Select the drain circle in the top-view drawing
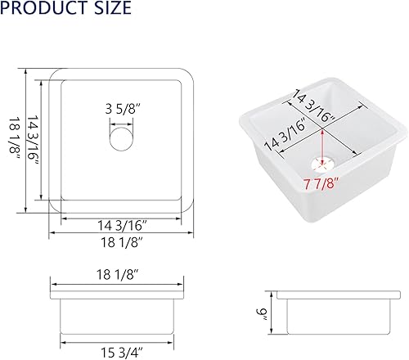click(121, 137)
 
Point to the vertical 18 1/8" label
click(11, 137)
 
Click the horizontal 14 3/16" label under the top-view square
click(120, 225)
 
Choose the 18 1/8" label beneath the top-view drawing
click(121, 243)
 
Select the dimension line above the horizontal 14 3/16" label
click(121, 216)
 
